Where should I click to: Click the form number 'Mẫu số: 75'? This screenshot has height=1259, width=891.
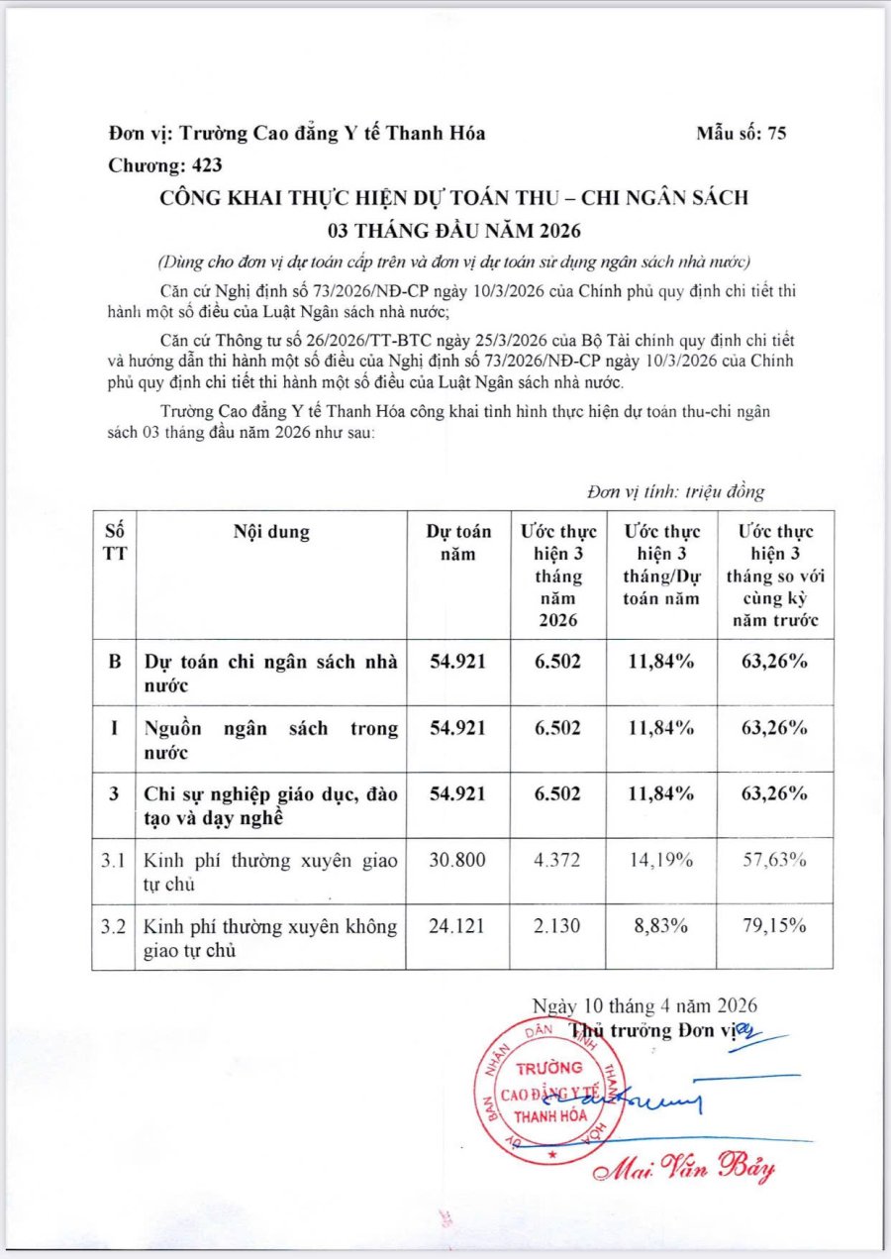[x=741, y=134]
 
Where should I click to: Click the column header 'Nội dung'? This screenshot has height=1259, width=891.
[x=271, y=532]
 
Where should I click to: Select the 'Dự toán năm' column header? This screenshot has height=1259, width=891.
[x=458, y=543]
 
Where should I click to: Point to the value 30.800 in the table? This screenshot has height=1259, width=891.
[x=457, y=861]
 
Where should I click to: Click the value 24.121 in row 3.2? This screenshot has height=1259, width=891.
[x=457, y=926]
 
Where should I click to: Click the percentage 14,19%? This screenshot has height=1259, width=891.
[x=661, y=861]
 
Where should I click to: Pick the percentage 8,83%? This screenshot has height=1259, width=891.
[x=661, y=926]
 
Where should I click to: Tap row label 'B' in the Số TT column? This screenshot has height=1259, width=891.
[x=114, y=662]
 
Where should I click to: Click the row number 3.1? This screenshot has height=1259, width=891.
[x=113, y=861]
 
